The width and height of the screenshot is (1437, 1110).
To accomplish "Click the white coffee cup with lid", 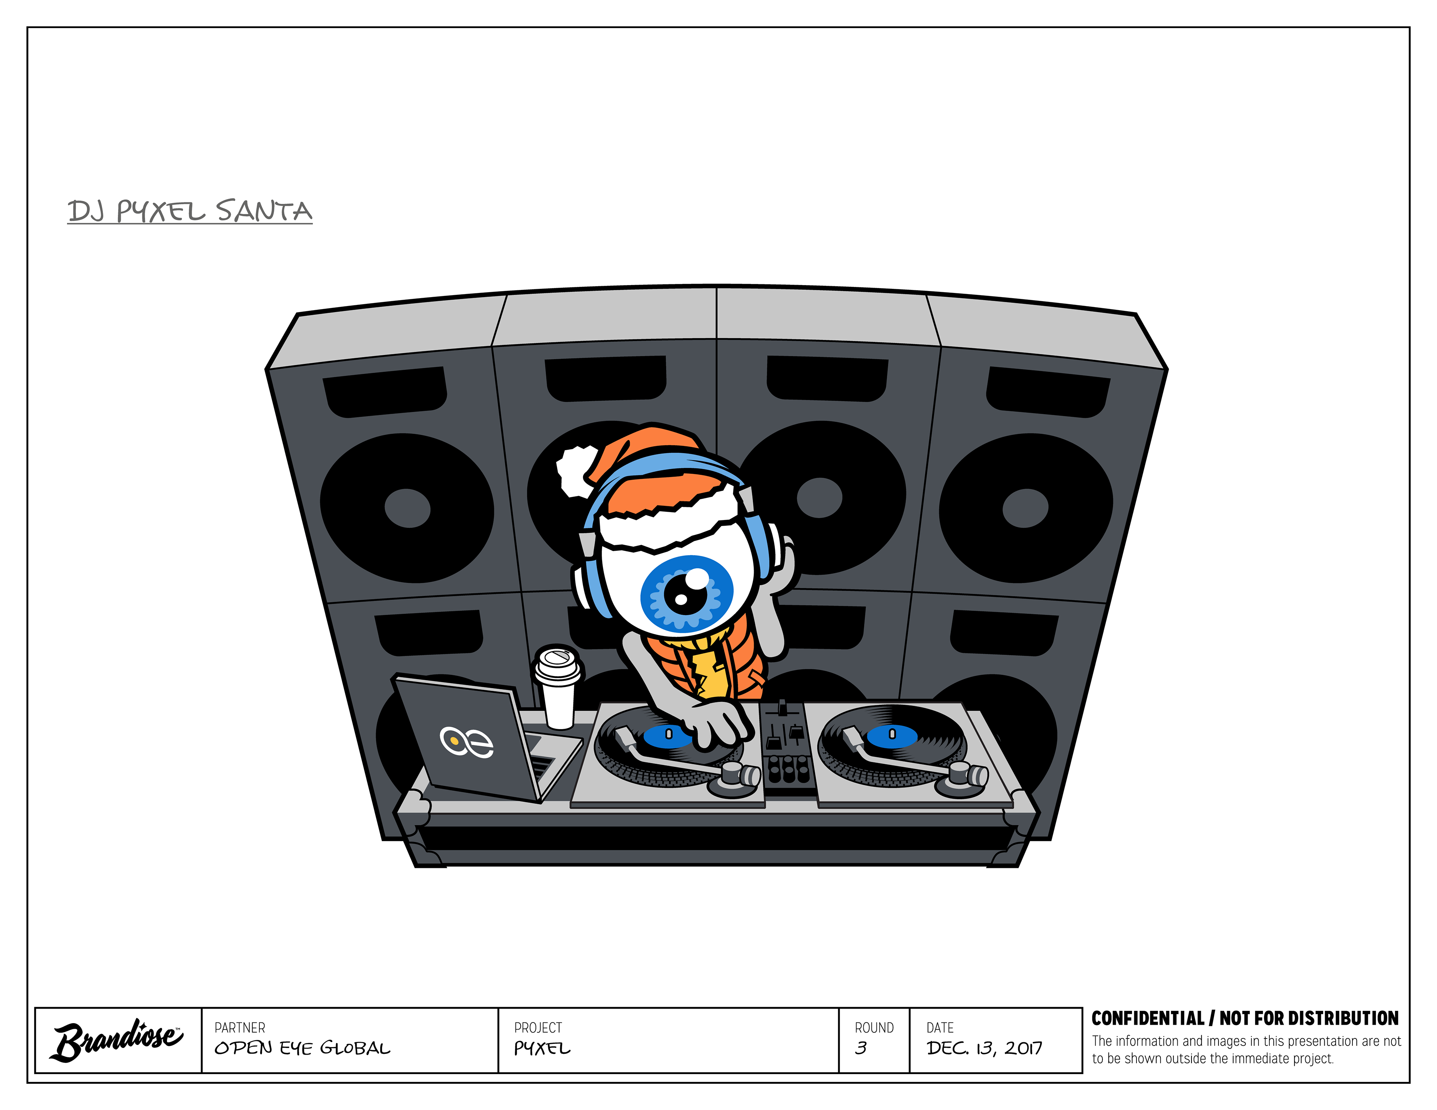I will click(558, 688).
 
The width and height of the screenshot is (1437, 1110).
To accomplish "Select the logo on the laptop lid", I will click(467, 742).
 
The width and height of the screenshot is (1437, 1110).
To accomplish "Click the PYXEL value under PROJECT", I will click(542, 1048).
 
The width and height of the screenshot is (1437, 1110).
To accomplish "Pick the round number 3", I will click(861, 1048).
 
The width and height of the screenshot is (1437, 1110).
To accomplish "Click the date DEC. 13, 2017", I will click(984, 1048).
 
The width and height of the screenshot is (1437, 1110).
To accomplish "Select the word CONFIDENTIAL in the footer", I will click(1147, 1019).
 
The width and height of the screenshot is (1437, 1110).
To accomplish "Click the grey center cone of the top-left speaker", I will click(407, 508).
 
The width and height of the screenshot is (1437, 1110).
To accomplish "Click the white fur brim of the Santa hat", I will click(671, 526).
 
